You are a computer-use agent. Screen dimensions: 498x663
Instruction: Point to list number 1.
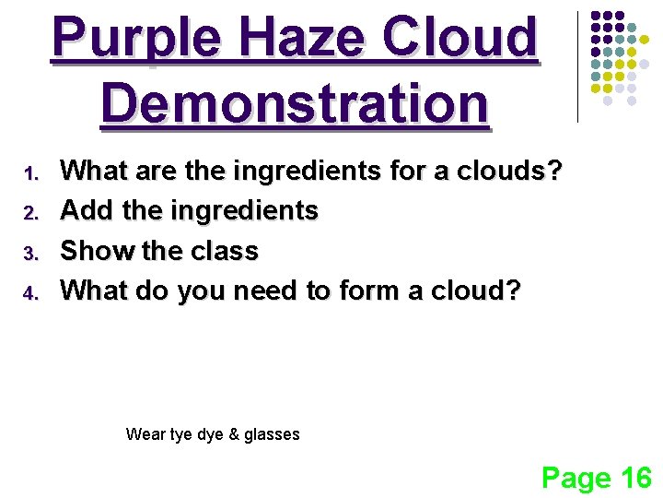tap(29, 172)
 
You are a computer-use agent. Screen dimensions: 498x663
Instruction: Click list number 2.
tap(29, 213)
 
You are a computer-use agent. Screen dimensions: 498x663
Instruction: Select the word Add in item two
tap(87, 211)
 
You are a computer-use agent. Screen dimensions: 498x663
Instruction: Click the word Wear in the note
tap(145, 434)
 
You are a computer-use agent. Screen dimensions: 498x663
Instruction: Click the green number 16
tap(635, 477)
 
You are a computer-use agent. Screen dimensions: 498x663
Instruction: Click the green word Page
tap(576, 478)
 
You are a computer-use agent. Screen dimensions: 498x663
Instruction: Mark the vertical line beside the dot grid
tap(577, 66)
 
